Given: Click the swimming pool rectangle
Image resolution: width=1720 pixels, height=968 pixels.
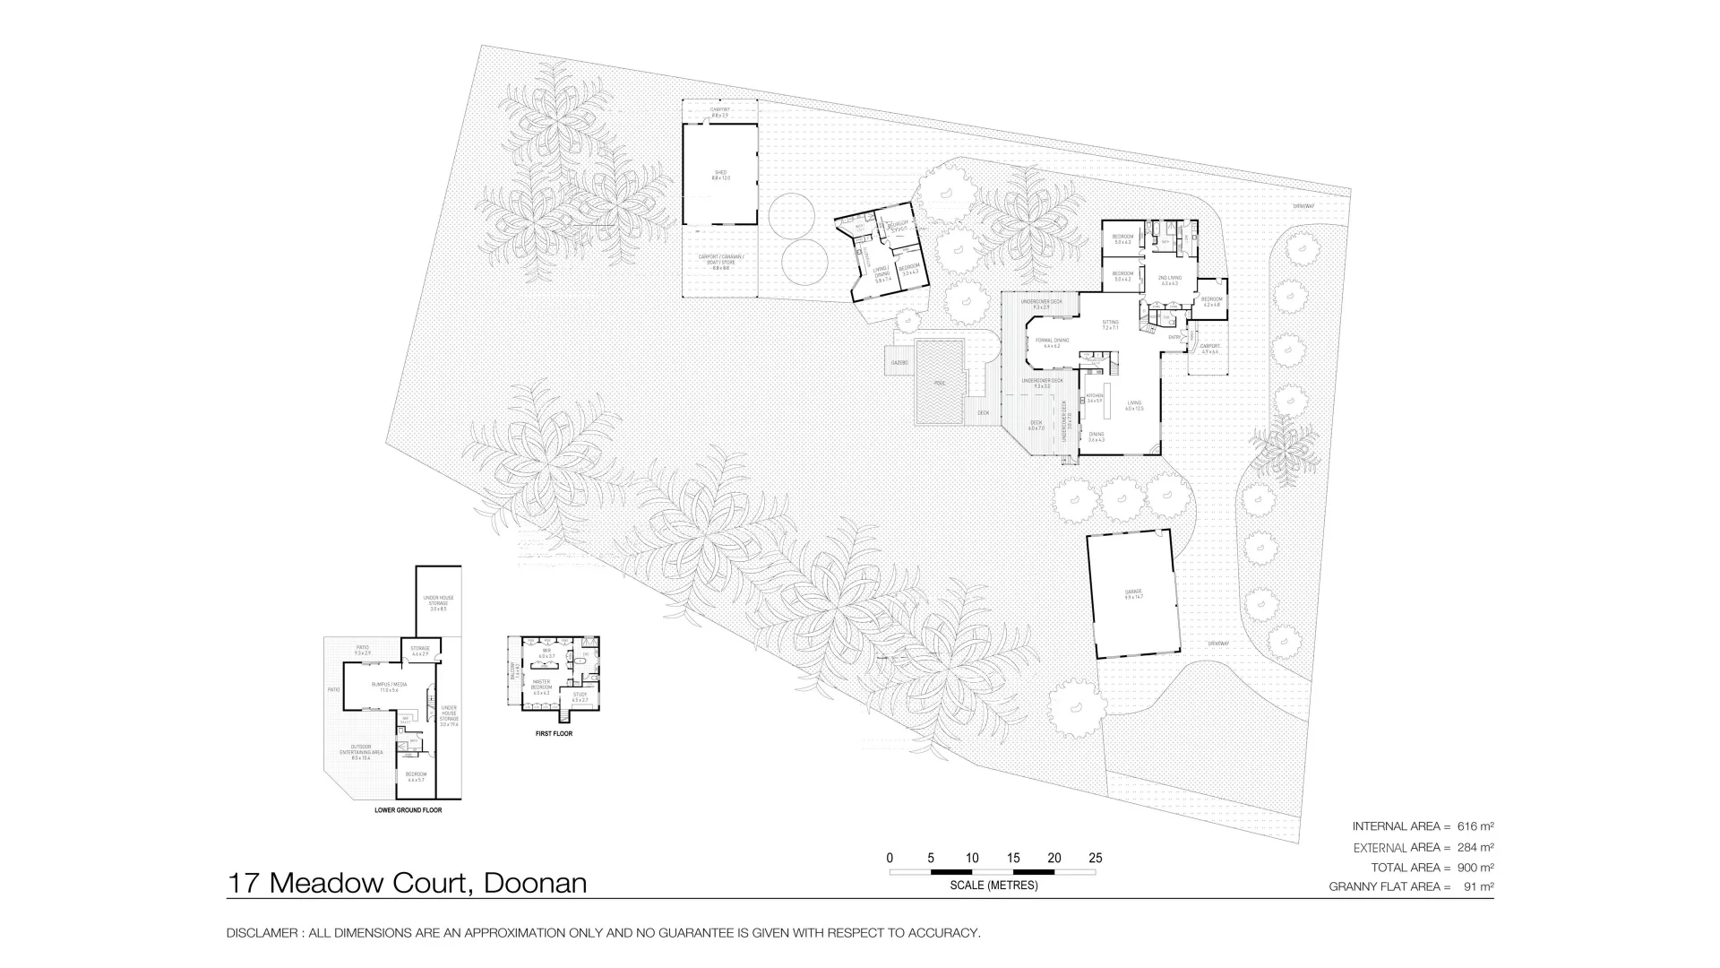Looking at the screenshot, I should point(940,382).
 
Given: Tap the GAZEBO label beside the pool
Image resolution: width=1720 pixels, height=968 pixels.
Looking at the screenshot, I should point(898,363).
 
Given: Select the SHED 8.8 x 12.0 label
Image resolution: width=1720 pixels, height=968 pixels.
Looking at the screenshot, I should point(720,175).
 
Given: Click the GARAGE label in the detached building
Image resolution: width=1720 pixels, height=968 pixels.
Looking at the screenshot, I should point(1133,593).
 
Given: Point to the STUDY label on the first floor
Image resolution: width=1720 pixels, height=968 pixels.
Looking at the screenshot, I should point(580,696).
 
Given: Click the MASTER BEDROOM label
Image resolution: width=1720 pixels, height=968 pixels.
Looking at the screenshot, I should point(541,686).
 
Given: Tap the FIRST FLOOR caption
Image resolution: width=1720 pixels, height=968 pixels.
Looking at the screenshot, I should point(554,734).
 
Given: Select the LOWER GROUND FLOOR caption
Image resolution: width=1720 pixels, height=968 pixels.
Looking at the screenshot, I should point(408,810).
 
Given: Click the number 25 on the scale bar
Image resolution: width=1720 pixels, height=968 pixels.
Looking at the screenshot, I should point(1095,858).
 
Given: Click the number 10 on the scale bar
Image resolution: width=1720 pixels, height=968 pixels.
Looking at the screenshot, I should point(972,858).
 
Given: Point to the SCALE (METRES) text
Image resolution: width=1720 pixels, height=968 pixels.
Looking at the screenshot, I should point(993,886).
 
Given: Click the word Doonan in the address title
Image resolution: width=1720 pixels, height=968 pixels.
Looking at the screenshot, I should point(535,883).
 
